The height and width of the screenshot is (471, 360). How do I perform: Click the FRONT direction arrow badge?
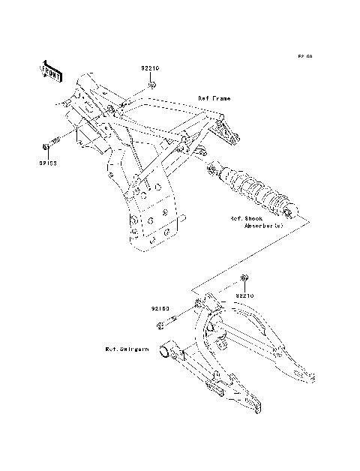pos(50,70)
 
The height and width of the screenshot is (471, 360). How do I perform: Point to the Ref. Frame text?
pos(214,98)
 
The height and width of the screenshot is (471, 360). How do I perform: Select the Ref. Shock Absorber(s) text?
pos(257,221)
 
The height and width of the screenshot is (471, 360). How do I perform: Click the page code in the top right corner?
pos(304,56)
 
